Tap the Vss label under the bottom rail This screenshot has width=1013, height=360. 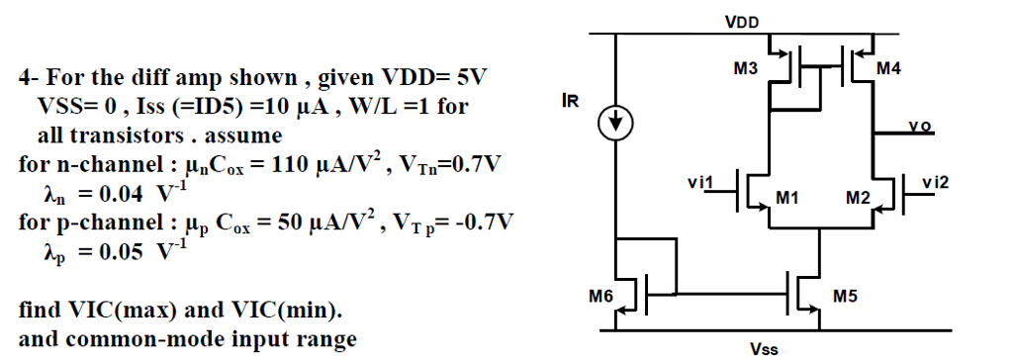[764, 349]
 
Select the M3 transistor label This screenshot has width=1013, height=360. [745, 69]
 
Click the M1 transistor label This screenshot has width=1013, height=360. [787, 199]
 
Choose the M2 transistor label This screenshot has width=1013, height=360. [857, 199]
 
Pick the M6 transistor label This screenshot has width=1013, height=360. [600, 294]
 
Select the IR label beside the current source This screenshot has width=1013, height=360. [569, 101]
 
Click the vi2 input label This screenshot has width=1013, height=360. [933, 182]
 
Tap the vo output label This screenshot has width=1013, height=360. [920, 126]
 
